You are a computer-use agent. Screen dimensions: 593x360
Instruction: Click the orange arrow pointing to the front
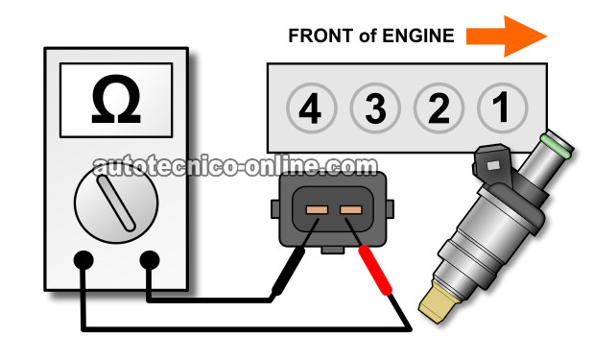pyautogui.click(x=507, y=36)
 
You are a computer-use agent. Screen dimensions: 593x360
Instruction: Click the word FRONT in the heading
pyautogui.click(x=320, y=36)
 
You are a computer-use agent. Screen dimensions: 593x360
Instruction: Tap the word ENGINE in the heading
pyautogui.click(x=418, y=36)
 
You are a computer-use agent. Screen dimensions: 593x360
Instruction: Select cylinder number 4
pyautogui.click(x=311, y=108)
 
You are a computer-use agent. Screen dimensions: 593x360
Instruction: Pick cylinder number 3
pyautogui.click(x=375, y=108)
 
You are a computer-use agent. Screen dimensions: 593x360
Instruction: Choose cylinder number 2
pyautogui.click(x=439, y=108)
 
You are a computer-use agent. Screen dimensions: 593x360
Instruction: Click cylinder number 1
pyautogui.click(x=502, y=108)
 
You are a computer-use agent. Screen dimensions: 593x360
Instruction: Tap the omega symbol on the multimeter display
pyautogui.click(x=116, y=99)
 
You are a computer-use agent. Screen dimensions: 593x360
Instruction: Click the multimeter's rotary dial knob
pyautogui.click(x=116, y=203)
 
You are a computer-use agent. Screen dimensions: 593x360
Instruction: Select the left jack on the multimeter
pyautogui.click(x=83, y=260)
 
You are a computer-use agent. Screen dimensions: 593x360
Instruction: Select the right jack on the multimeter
pyautogui.click(x=150, y=260)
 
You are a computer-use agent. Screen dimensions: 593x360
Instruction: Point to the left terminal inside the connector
pyautogui.click(x=317, y=209)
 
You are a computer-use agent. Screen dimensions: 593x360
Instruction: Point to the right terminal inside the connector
pyautogui.click(x=351, y=209)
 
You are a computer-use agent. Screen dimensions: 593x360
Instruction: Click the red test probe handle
pyautogui.click(x=375, y=270)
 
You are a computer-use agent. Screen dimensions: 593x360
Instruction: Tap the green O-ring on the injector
pyautogui.click(x=556, y=146)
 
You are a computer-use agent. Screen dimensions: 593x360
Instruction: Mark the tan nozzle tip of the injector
pyautogui.click(x=439, y=302)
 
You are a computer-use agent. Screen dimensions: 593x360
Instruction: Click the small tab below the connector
pyautogui.click(x=332, y=250)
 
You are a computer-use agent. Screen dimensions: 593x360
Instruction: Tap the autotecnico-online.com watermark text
pyautogui.click(x=235, y=167)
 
